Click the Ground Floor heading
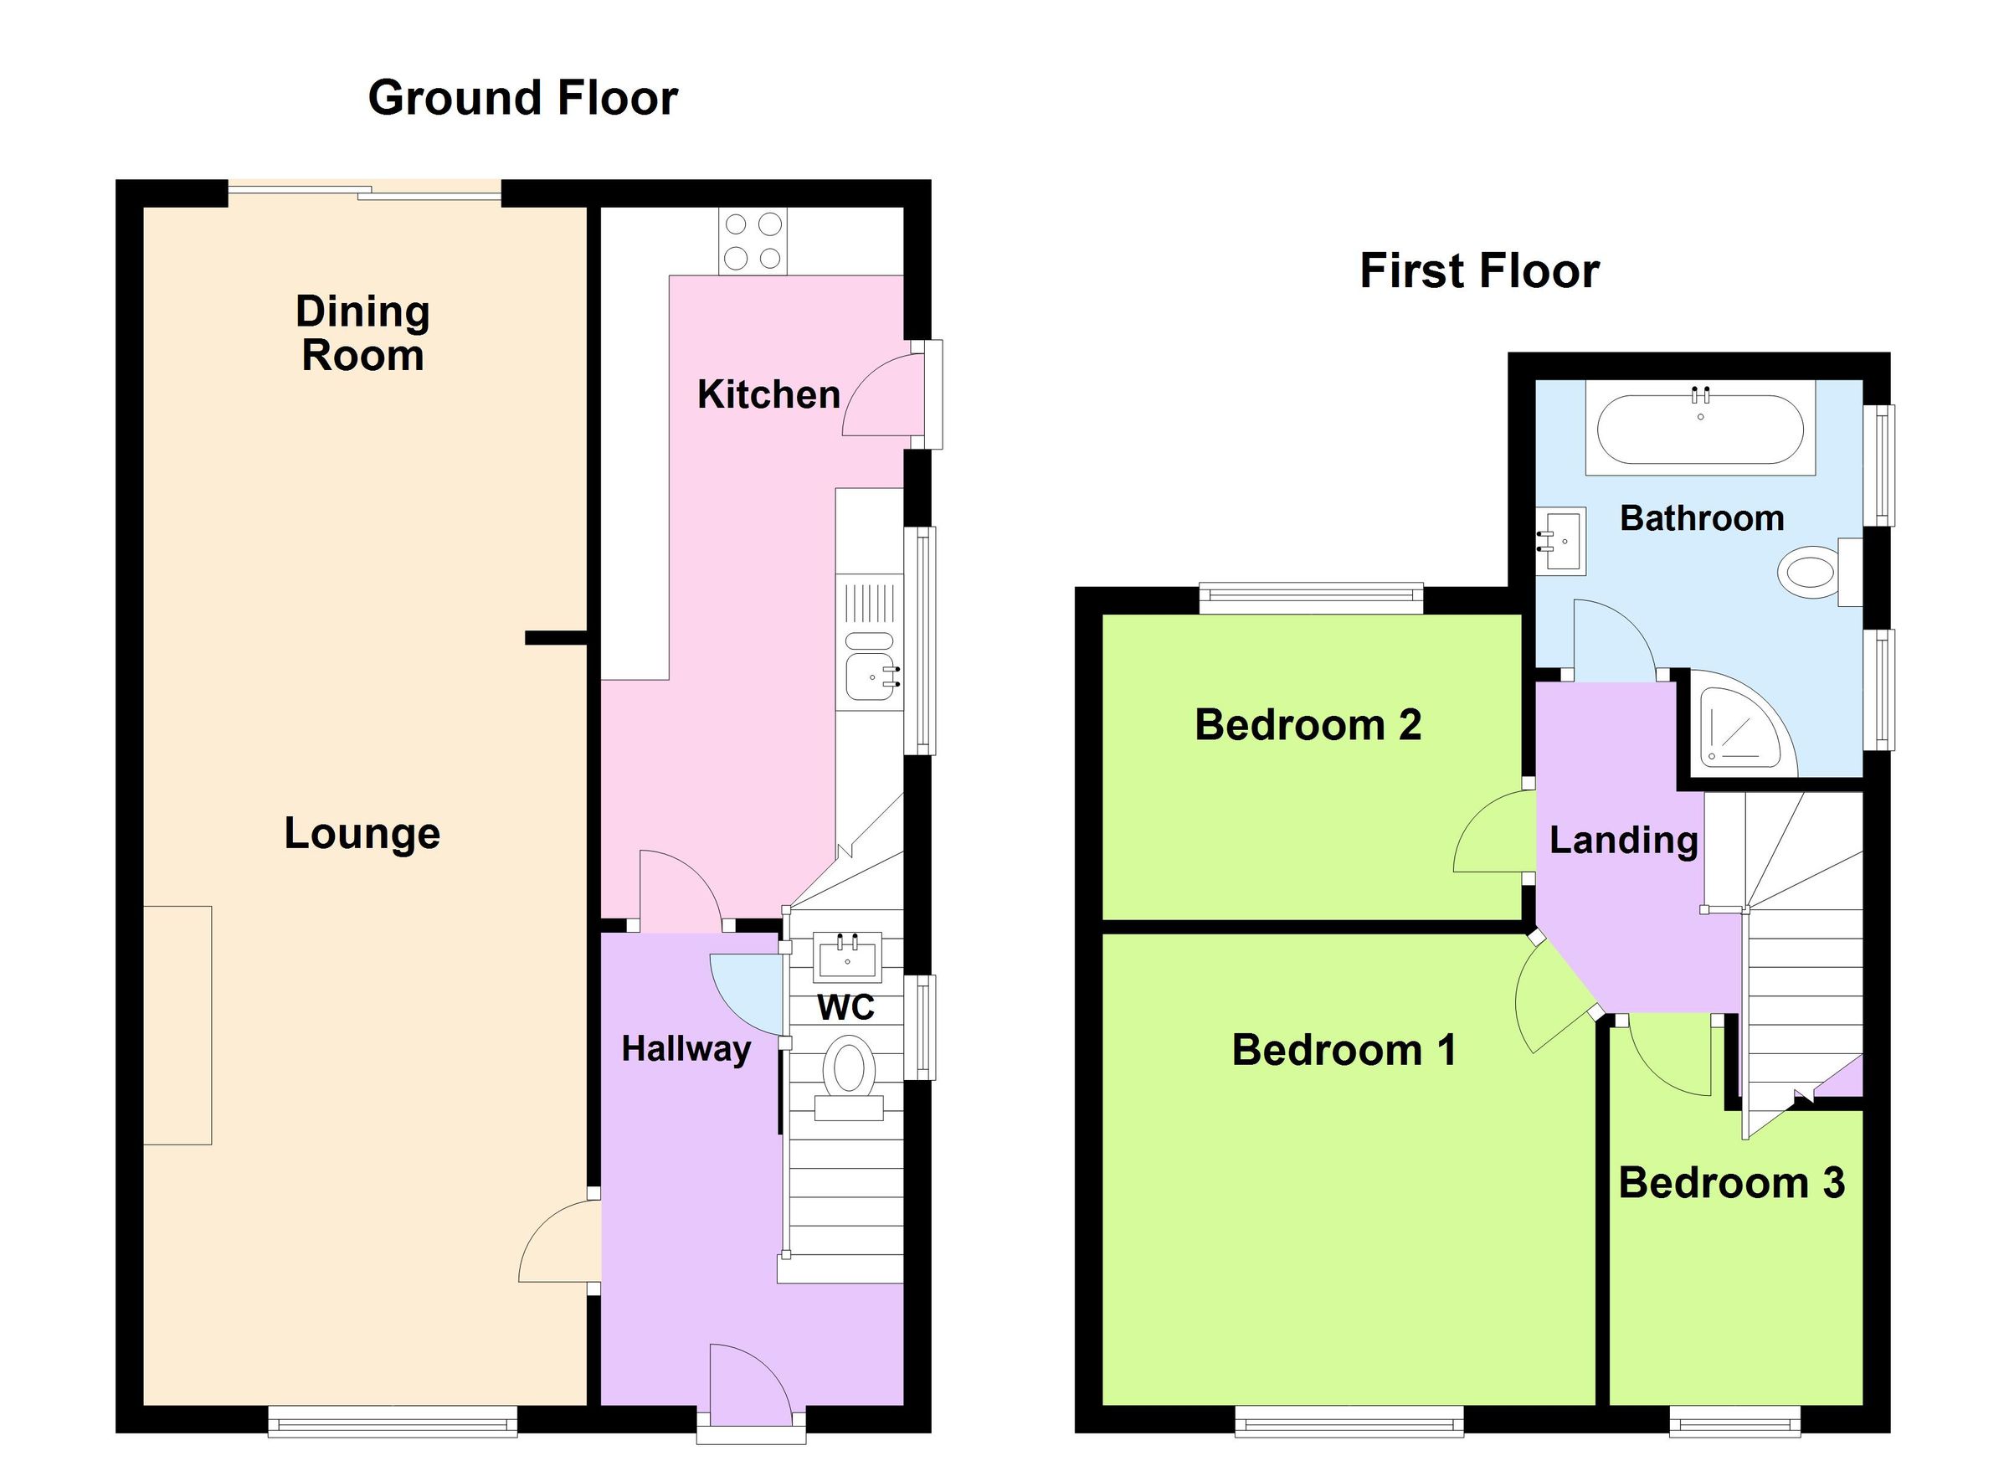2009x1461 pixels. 522,97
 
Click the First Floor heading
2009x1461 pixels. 1478,271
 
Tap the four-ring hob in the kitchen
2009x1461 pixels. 753,241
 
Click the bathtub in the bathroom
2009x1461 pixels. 1699,429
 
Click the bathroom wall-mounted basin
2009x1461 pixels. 1561,541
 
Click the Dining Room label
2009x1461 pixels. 362,334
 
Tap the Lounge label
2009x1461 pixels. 362,834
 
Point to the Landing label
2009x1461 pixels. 1623,840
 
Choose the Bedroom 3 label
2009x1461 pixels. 1731,1183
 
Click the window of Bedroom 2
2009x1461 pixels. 1310,598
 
